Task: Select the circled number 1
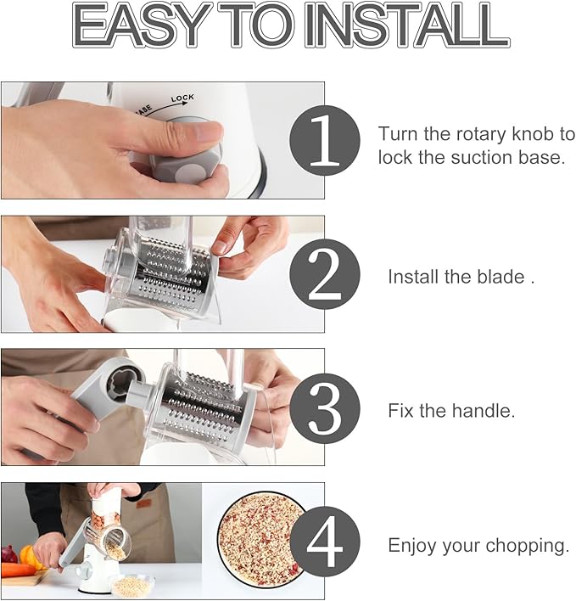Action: [x=325, y=140]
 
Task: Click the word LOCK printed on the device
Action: [x=182, y=99]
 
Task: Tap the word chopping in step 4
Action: [x=532, y=545]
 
